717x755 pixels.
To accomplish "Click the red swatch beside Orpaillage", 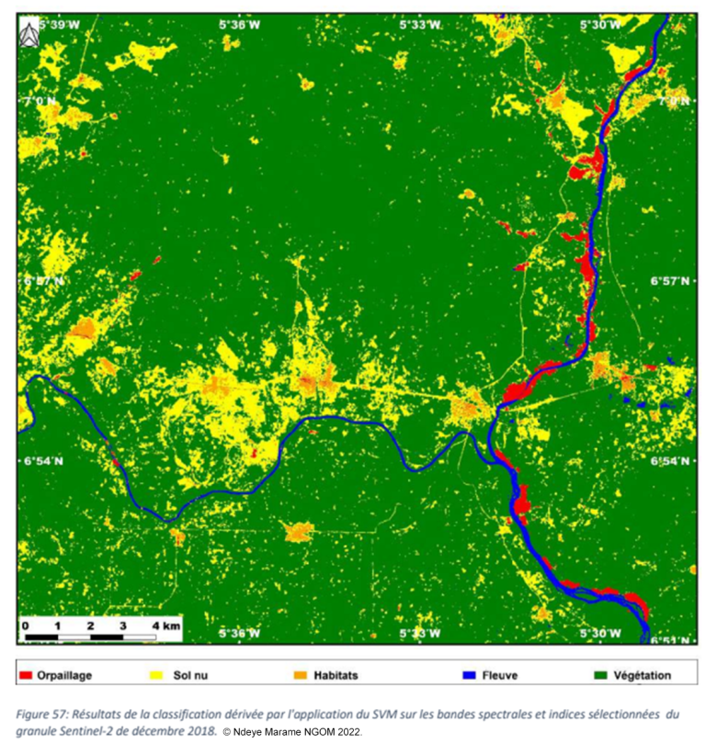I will point(26,676).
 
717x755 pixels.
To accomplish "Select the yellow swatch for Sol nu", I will point(157,676).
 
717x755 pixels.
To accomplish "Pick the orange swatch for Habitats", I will point(300,676).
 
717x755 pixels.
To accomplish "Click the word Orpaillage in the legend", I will point(64,676).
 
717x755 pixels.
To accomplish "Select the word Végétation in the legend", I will point(643,676).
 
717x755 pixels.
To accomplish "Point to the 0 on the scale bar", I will point(24,625).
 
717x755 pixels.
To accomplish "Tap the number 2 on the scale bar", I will point(90,625).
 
